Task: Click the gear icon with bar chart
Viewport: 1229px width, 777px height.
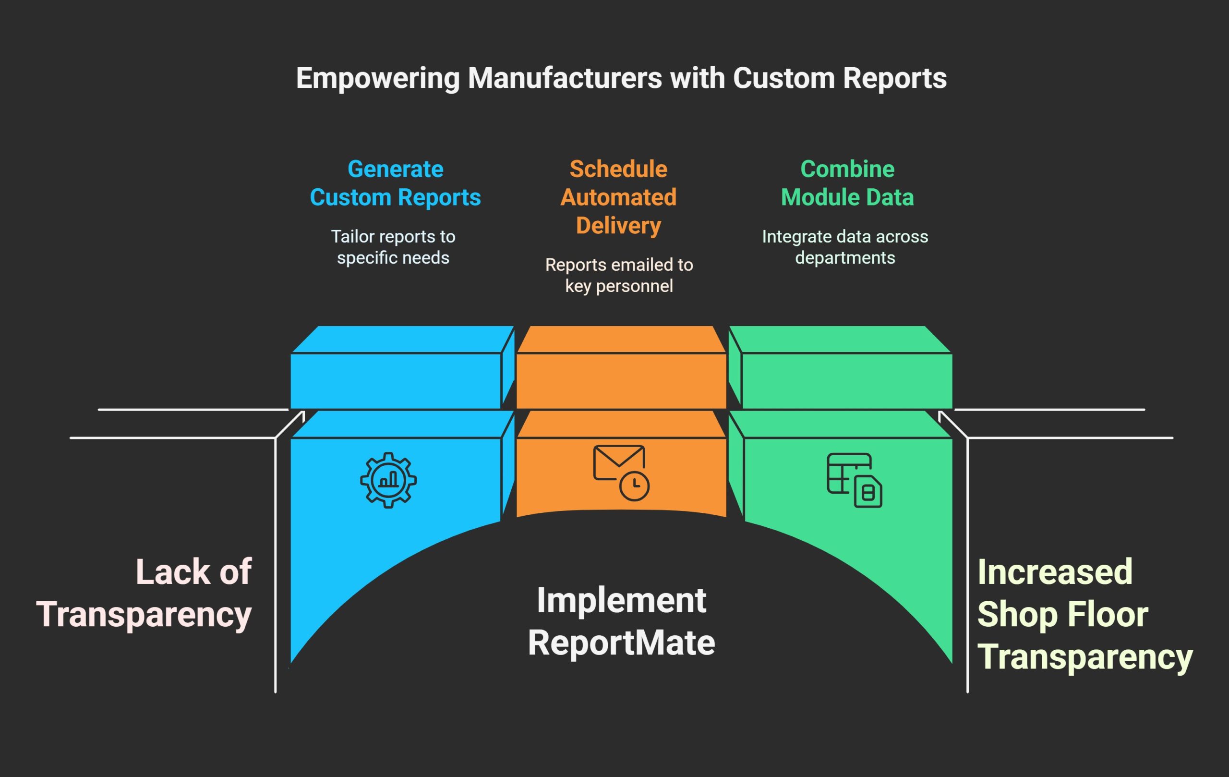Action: click(x=388, y=480)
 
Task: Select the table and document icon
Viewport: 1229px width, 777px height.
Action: click(x=855, y=480)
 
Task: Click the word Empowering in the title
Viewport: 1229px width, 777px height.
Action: click(x=378, y=79)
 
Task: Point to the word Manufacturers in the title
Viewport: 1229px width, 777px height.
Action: click(x=565, y=79)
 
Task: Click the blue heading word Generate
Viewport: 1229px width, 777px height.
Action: click(x=395, y=169)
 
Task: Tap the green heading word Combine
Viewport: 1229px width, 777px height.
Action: click(x=847, y=169)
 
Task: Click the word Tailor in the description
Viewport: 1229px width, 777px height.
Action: click(x=349, y=236)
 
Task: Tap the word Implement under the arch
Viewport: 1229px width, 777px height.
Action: click(x=621, y=600)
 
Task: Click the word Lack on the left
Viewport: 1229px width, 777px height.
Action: click(x=173, y=572)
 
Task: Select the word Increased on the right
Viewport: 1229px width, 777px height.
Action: click(x=1055, y=572)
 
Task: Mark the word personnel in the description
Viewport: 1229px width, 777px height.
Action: click(x=634, y=286)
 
